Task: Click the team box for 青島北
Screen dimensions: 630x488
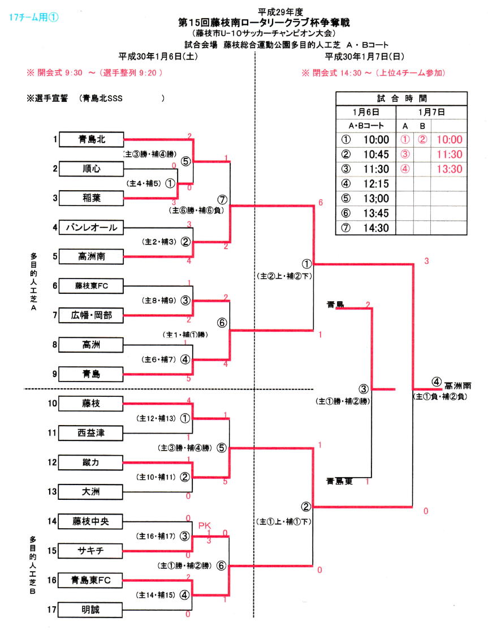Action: click(91, 139)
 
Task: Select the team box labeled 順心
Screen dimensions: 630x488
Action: click(91, 168)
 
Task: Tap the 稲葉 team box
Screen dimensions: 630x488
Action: click(91, 198)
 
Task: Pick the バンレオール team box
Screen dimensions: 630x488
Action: click(91, 228)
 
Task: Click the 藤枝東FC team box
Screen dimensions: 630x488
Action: click(91, 286)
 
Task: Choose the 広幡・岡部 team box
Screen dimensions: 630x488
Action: click(91, 315)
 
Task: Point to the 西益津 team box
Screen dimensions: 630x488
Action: click(91, 433)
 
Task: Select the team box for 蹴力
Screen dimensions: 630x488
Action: click(91, 462)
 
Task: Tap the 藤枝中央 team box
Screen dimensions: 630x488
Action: click(91, 521)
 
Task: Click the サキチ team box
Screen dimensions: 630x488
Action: click(91, 550)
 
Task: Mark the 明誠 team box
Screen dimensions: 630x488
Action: click(91, 610)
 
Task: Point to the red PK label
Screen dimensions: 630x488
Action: click(204, 525)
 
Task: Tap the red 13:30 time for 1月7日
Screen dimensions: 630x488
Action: click(449, 169)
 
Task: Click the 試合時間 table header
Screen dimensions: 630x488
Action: click(401, 97)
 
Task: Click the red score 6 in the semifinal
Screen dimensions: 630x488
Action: click(321, 203)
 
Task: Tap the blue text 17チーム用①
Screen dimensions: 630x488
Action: click(34, 17)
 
